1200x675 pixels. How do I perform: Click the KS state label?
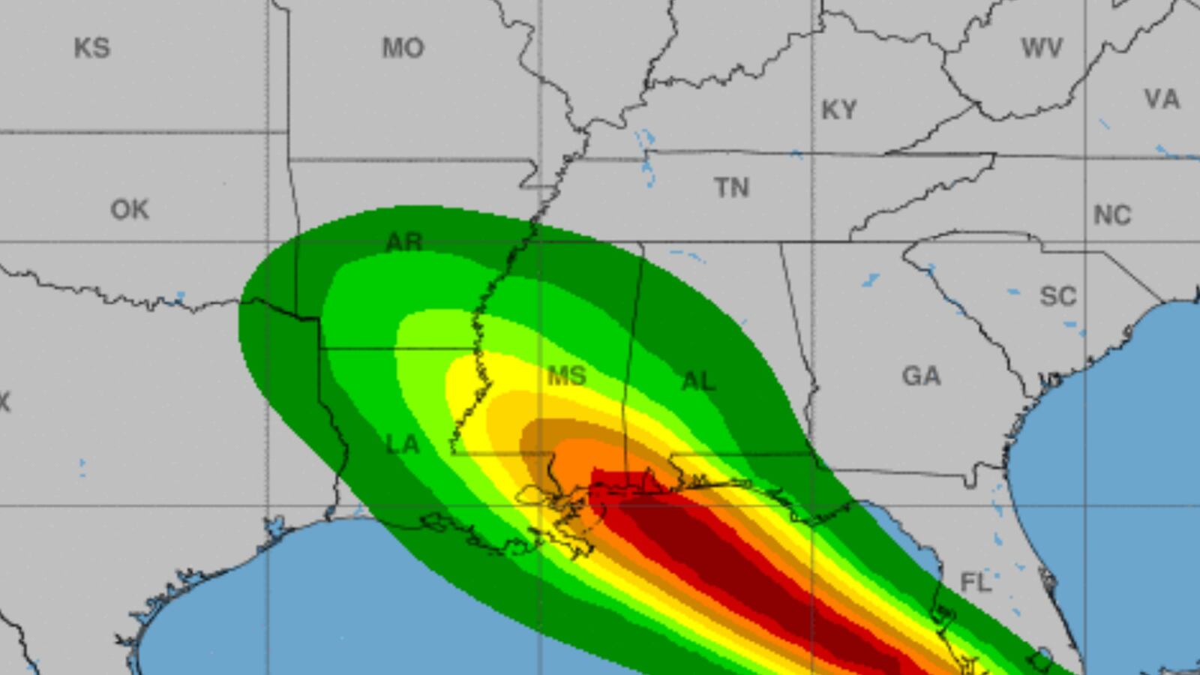91,48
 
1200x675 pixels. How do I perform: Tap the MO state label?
403,48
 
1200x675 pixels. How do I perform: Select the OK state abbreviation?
130,209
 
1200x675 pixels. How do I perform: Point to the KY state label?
838,110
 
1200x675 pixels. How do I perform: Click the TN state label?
731,187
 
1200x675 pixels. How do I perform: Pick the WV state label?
1042,49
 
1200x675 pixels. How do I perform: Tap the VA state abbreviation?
1162,99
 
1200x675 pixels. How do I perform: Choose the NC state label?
1111,216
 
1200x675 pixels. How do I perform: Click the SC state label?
1057,296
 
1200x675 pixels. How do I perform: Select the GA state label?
921,375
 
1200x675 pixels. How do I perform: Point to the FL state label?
975,582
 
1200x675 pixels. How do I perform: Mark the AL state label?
698,381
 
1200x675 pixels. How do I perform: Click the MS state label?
566,376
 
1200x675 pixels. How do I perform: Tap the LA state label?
403,445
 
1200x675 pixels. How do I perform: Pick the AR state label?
404,242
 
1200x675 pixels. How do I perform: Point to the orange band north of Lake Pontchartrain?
585,457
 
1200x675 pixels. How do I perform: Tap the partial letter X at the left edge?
4,403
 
